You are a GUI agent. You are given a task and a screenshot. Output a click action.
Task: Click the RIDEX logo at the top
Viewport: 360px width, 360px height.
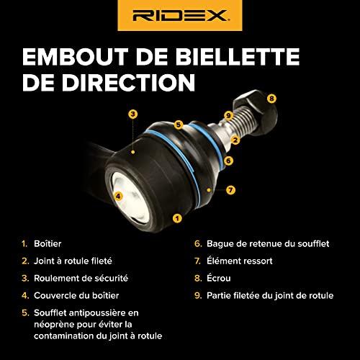(180, 15)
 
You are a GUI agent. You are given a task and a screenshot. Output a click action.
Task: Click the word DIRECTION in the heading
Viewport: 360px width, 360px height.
(128, 82)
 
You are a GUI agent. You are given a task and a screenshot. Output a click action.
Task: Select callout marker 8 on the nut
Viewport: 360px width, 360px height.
(271, 99)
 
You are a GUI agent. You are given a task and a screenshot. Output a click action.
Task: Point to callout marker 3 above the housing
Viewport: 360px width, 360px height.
(133, 114)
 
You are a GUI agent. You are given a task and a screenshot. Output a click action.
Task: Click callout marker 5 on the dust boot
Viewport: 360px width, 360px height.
(178, 125)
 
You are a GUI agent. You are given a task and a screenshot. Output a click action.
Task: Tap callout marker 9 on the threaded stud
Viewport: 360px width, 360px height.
(228, 116)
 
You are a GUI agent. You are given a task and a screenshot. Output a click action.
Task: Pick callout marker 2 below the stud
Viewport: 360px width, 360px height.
(235, 140)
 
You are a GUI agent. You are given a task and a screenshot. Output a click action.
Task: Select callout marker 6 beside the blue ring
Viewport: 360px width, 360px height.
(228, 161)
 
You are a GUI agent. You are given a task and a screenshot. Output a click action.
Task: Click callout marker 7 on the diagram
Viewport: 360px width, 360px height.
(230, 190)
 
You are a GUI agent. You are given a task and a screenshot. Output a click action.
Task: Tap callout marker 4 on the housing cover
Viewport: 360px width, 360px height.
(118, 197)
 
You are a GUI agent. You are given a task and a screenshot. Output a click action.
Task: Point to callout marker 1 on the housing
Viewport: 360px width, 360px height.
(177, 218)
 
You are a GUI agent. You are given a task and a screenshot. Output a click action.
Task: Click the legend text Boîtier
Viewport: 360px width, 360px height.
(48, 243)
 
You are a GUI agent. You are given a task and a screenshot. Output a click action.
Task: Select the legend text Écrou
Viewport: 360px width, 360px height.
(219, 278)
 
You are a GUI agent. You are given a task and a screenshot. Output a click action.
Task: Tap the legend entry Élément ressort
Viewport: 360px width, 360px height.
(240, 261)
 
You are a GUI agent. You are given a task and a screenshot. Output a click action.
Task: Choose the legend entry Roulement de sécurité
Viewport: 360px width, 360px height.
(81, 278)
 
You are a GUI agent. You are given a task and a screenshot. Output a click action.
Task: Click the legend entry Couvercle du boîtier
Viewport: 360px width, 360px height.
(76, 295)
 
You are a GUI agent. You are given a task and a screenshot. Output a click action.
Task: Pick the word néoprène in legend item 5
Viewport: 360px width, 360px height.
(54, 325)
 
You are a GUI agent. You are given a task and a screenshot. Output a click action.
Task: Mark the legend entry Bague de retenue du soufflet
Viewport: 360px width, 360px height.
(268, 243)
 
